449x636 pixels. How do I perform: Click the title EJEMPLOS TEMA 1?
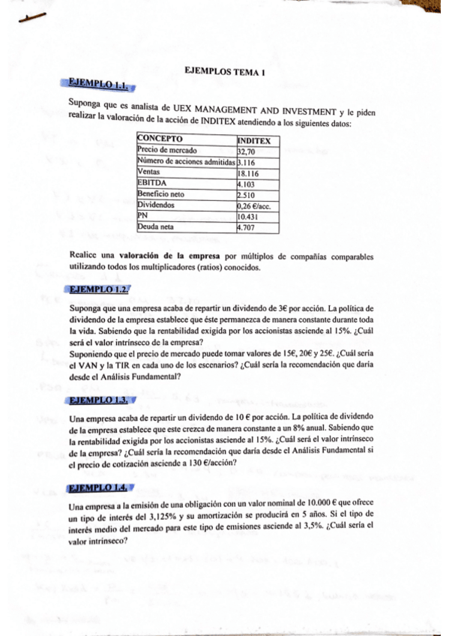pyautogui.click(x=225, y=72)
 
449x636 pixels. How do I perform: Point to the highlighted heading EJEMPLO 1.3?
pyautogui.click(x=97, y=400)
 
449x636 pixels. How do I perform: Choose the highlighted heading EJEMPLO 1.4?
pyautogui.click(x=97, y=489)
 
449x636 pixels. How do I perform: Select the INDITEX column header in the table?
pyautogui.click(x=254, y=140)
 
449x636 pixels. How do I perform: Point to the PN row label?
pyautogui.click(x=143, y=214)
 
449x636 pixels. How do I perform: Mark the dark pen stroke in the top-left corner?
pyautogui.click(x=34, y=16)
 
